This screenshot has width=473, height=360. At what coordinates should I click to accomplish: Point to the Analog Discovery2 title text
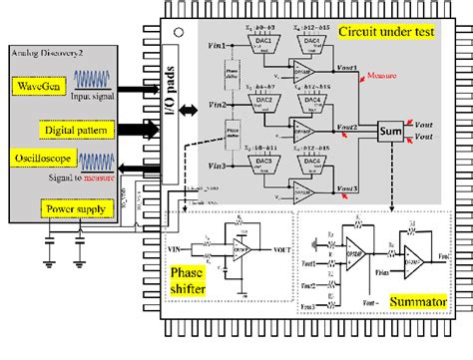(49, 50)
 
